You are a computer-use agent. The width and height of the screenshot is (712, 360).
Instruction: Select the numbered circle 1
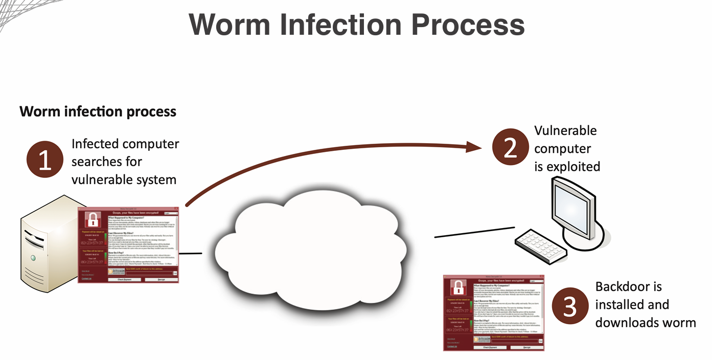pyautogui.click(x=45, y=160)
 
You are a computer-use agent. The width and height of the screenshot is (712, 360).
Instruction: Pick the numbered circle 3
pyautogui.click(x=570, y=306)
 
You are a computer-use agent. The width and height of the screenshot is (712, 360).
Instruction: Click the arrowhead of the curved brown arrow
pyautogui.click(x=475, y=148)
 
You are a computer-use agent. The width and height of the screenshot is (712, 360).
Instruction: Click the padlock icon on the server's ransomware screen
pyautogui.click(x=93, y=219)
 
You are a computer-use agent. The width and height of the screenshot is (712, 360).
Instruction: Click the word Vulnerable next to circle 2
pyautogui.click(x=565, y=130)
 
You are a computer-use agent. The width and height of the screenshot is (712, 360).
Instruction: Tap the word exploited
pyautogui.click(x=573, y=167)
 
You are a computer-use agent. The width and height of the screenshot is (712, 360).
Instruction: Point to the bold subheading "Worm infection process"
pyautogui.click(x=98, y=111)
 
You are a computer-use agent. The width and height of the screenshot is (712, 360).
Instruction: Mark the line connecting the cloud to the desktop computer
pyautogui.click(x=474, y=232)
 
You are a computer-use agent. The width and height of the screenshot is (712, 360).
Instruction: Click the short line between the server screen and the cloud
pyautogui.click(x=191, y=253)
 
